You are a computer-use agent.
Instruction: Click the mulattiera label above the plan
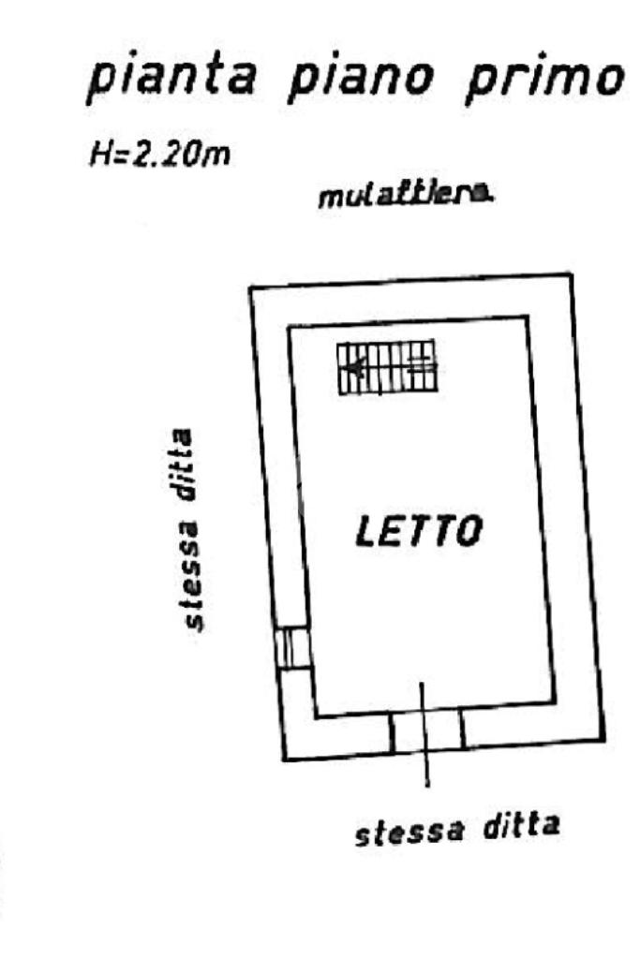[407, 197]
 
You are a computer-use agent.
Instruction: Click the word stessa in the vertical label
[193, 583]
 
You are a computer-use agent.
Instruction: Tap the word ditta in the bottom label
[520, 825]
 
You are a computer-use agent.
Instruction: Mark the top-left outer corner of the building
[249, 288]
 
